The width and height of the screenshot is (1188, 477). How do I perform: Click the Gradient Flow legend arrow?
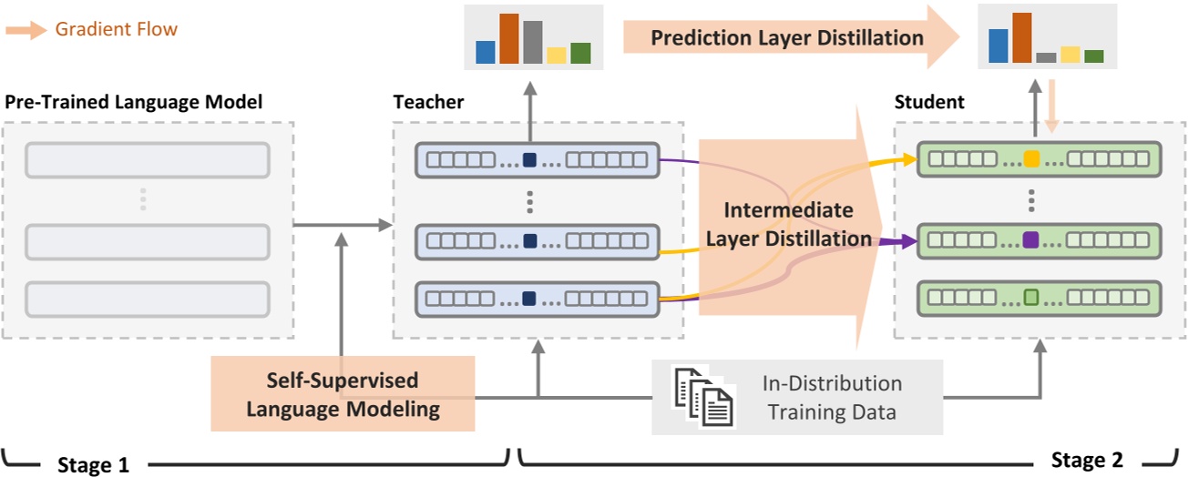(25, 30)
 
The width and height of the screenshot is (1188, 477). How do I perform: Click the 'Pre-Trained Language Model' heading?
(134, 102)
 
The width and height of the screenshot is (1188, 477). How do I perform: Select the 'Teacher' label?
(428, 102)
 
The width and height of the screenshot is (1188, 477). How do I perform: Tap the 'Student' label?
(929, 102)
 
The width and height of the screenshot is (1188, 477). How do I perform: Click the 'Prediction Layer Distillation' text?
(786, 38)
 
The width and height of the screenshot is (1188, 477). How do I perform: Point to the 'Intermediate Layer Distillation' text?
(789, 225)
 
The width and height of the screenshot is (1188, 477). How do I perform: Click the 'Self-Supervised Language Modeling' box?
(343, 394)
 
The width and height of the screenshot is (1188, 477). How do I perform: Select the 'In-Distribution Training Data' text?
(832, 398)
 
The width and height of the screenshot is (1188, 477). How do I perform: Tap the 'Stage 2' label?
(1087, 459)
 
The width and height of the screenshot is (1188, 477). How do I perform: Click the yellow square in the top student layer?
(1031, 159)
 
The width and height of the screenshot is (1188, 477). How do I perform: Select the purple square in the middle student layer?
(1031, 240)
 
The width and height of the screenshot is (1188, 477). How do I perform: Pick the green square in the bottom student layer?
(1031, 297)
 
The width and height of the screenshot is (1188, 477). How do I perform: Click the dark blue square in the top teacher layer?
(529, 159)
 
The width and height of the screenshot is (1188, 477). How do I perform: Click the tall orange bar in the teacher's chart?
(508, 39)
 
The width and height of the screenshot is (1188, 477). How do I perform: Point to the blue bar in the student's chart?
(999, 46)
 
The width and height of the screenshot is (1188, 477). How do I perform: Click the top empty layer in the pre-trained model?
(148, 160)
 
